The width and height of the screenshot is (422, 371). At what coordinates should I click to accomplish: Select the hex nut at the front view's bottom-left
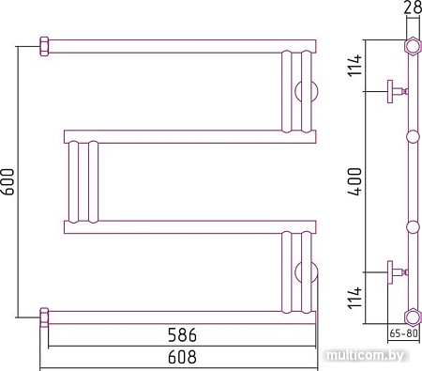pyautogui.click(x=44, y=313)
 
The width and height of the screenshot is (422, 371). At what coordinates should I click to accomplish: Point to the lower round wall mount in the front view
pyautogui.click(x=307, y=273)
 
